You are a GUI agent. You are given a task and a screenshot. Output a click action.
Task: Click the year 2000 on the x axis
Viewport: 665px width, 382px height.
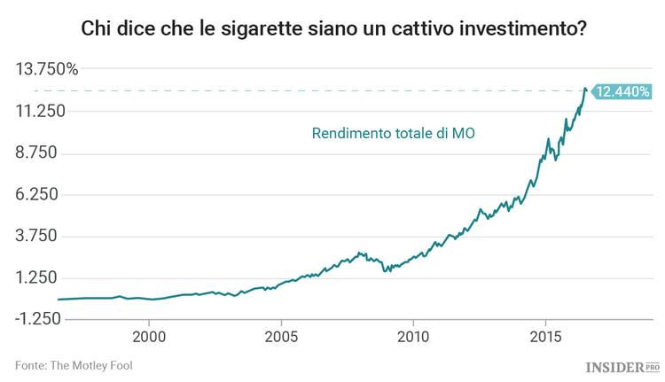149,337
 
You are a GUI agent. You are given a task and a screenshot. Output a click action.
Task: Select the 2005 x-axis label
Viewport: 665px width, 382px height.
281,337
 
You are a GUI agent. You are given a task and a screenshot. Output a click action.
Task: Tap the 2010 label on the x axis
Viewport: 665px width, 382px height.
413,337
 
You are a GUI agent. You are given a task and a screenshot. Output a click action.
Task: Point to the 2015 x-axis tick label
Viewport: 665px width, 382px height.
545,337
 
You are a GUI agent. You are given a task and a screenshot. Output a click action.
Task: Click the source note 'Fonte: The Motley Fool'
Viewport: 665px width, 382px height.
74,365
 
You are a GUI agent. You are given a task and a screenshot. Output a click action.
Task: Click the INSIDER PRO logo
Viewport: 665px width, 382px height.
623,366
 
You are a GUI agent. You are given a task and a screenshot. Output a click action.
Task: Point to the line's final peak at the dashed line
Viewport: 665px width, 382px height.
584,89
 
